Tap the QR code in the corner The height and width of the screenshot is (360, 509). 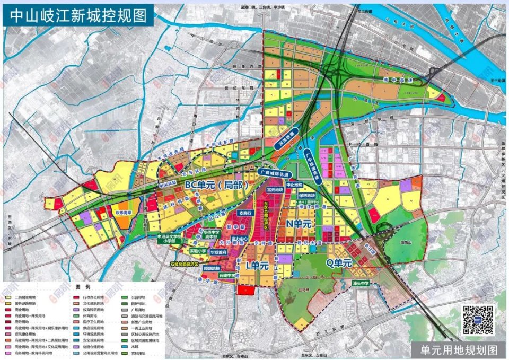[x=479, y=320]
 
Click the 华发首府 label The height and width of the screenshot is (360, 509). [x=218, y=253]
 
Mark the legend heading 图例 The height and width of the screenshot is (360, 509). [x=82, y=287]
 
